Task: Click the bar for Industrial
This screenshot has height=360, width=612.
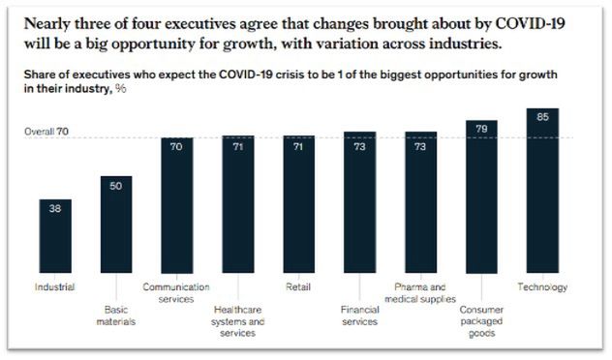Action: [x=56, y=238]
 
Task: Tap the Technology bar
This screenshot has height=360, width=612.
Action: [x=542, y=194]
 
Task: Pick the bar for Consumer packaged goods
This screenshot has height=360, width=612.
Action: [x=482, y=198]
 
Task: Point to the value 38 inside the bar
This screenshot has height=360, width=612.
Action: [x=56, y=208]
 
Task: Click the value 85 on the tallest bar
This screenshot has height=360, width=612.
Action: [x=542, y=118]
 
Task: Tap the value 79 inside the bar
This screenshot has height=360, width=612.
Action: [x=482, y=128]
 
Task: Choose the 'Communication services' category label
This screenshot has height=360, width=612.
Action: [x=177, y=293]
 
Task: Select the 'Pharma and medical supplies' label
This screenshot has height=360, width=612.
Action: [x=420, y=293]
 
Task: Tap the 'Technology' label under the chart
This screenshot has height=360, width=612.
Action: [x=542, y=287]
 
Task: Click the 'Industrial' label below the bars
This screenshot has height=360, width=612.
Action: [x=56, y=287]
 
